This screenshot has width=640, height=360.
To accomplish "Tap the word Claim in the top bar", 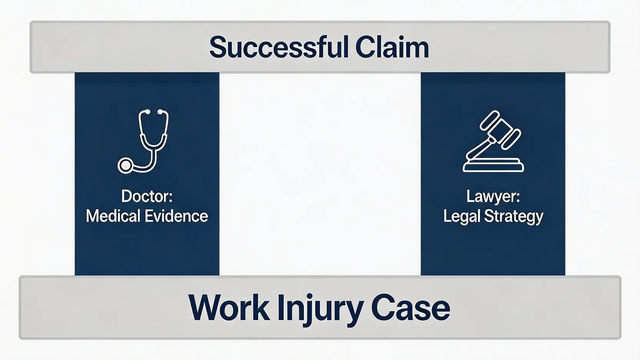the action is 392,47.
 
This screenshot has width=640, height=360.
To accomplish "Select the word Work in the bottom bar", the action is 229,307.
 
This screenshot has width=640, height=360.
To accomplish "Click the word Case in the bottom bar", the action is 411,308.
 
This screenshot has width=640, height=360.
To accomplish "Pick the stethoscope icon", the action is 143,141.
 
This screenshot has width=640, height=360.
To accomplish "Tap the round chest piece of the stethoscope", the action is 125,166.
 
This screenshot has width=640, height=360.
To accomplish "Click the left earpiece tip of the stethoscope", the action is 147,111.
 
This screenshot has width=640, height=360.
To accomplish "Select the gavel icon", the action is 493,141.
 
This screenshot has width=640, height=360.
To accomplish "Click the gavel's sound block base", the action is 493,165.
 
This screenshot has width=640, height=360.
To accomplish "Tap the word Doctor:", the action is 147,196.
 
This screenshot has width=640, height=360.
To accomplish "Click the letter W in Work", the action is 205,307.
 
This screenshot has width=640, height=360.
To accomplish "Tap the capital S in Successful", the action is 218,47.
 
